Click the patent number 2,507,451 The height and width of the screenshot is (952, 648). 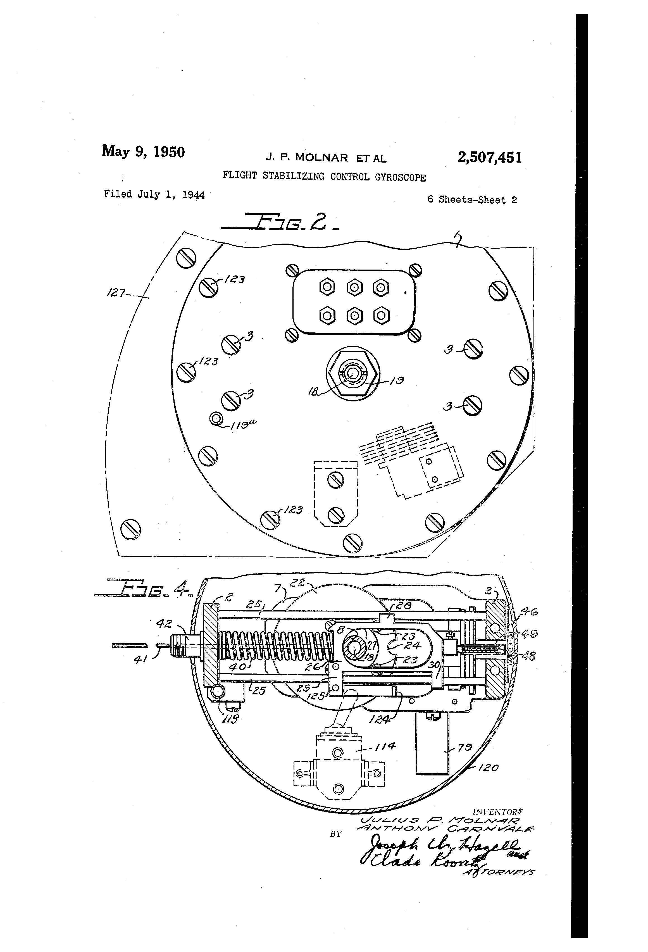pyautogui.click(x=489, y=157)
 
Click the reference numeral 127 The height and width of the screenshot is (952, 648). pyautogui.click(x=116, y=293)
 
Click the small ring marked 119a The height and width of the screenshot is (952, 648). pyautogui.click(x=216, y=419)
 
